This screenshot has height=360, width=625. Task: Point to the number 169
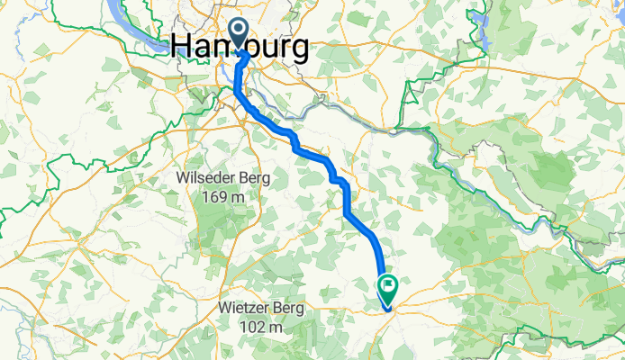point(213,197)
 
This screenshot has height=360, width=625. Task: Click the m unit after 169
point(240,198)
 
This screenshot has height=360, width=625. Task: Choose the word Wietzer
point(246,309)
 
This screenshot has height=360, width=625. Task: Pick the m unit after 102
point(279,328)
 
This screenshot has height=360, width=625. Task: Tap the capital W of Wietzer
point(225,309)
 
